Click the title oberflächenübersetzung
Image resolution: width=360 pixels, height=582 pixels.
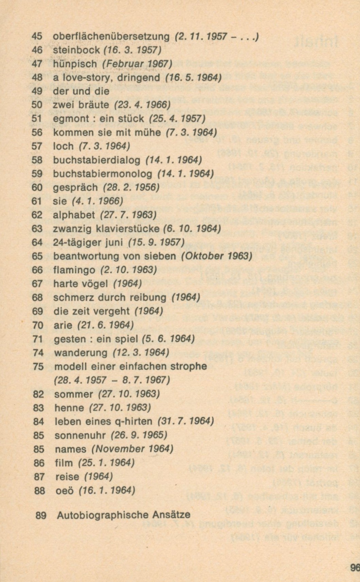tap(111, 36)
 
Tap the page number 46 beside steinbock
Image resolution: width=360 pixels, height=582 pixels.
tap(37, 50)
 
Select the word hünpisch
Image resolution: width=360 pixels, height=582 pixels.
tap(75, 64)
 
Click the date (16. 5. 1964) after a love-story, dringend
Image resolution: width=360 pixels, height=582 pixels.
tap(193, 78)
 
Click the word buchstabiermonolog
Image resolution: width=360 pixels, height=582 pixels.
tap(102, 173)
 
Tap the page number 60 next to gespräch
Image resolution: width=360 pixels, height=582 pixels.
tap(37, 187)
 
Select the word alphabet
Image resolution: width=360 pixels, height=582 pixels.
tap(74, 215)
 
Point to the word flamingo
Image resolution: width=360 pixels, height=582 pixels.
tap(74, 270)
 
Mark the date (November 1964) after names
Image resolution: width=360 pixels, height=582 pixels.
tap(132, 449)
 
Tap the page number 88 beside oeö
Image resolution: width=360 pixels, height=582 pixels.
tap(39, 490)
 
